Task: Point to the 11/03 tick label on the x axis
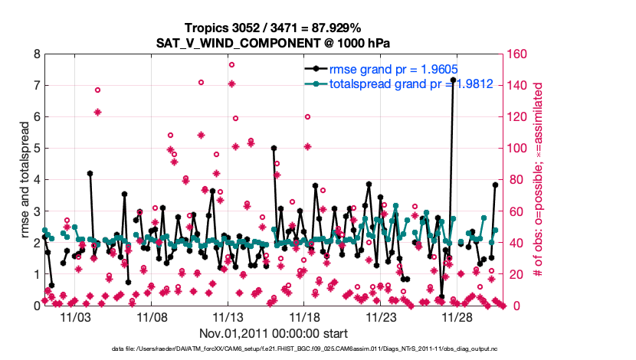pos(75,316)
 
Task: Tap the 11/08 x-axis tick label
pos(152,316)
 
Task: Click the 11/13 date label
pos(228,316)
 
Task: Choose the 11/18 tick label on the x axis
pos(305,316)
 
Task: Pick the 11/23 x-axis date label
pos(382,316)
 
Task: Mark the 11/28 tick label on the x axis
pos(458,316)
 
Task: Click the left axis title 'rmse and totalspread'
pos(24,180)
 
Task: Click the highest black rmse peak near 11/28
pos(453,80)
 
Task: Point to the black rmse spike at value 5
pos(274,149)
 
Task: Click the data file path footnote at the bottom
pos(317,350)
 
